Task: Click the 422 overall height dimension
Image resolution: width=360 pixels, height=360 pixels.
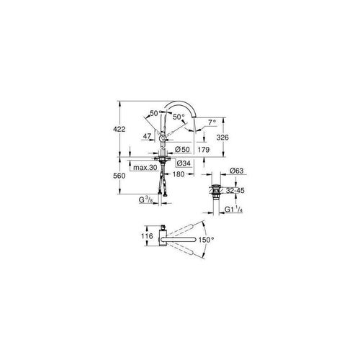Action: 120,129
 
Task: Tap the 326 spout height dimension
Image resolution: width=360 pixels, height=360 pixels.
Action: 222,138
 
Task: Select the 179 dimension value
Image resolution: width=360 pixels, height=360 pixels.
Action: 204,150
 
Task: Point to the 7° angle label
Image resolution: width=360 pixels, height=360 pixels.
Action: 212,122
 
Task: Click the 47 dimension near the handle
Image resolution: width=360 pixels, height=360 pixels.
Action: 147,136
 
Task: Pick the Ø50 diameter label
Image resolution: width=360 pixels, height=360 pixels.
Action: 182,150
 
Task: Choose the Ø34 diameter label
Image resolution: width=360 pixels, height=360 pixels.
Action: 184,163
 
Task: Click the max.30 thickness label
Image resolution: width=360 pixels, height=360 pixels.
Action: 145,168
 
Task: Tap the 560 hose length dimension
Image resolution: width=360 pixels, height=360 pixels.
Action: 120,176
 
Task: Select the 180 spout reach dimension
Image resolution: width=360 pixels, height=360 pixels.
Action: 179,174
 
